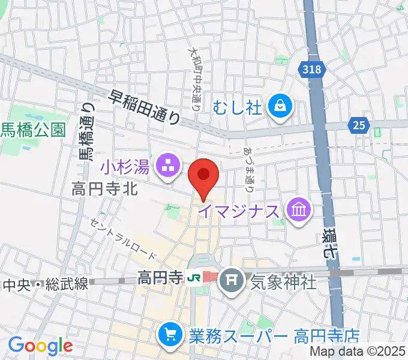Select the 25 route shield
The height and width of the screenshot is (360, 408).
[x=358, y=125]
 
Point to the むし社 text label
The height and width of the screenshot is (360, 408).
[x=239, y=108]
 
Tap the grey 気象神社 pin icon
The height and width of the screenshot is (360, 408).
[x=231, y=280]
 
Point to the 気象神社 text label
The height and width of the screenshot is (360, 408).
[x=283, y=281]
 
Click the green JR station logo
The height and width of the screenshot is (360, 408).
[x=193, y=279]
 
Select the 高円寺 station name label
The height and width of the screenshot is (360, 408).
[x=159, y=279]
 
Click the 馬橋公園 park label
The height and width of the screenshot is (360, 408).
[x=33, y=130]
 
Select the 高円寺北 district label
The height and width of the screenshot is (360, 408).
[x=105, y=190]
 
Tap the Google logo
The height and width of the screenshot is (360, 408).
[x=40, y=346]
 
